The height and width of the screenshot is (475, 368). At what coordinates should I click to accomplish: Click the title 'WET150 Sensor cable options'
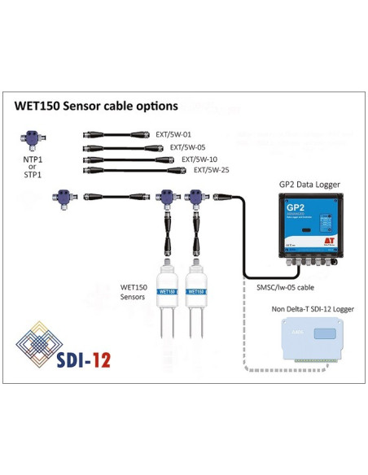96,106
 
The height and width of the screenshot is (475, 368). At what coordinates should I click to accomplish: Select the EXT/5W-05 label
187,147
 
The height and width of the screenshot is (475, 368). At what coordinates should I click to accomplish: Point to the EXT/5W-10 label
199,159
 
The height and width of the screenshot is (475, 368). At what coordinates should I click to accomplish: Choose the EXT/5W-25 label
211,170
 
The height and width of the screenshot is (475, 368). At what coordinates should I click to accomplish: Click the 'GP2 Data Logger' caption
309,185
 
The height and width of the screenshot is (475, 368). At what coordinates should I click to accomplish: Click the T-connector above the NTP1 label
33,140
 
